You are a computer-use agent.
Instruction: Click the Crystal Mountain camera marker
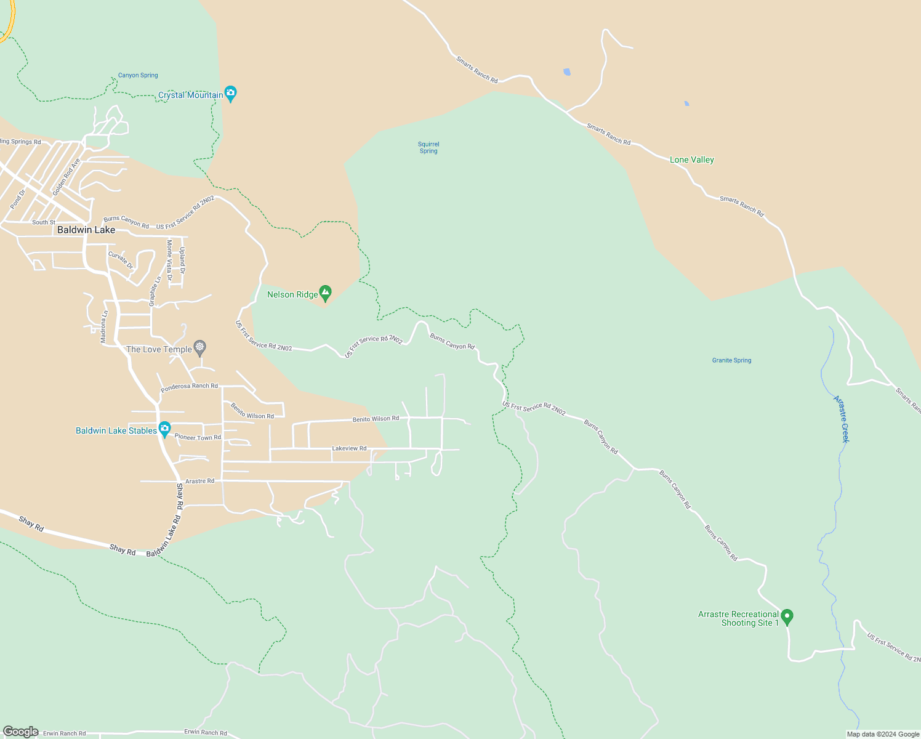click(x=230, y=94)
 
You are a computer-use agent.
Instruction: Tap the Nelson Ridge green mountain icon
click(x=325, y=293)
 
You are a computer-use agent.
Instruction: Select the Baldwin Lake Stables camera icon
click(x=164, y=429)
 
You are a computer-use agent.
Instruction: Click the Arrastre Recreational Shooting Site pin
click(x=787, y=616)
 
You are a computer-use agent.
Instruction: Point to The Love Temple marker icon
click(x=199, y=348)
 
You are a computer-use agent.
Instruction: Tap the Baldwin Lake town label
click(x=86, y=230)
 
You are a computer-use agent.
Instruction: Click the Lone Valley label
click(x=691, y=160)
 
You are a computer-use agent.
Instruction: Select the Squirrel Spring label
click(x=428, y=148)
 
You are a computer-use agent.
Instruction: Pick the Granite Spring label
click(x=731, y=360)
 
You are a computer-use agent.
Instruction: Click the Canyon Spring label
click(x=138, y=75)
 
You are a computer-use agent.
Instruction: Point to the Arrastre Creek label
click(x=841, y=419)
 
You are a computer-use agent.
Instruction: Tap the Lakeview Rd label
click(x=349, y=448)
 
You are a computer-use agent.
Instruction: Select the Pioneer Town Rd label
click(x=198, y=437)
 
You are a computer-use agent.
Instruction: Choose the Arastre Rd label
click(x=199, y=481)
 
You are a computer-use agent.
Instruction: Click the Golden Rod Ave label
click(x=66, y=177)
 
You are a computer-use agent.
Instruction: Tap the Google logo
click(x=20, y=732)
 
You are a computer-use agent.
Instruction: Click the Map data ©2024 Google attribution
click(x=883, y=734)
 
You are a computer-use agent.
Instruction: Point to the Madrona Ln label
click(x=104, y=326)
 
